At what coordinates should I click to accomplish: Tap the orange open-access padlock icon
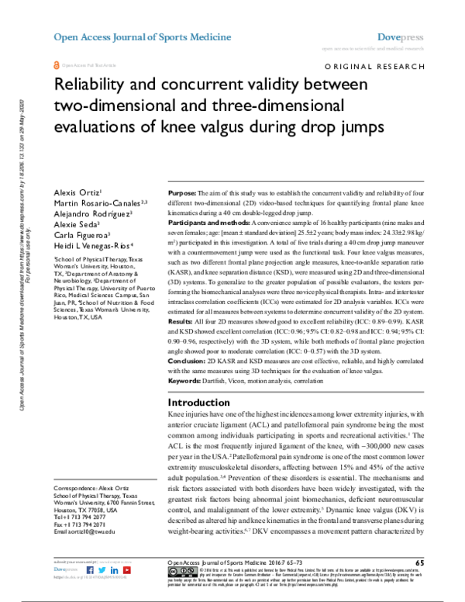point(55,66)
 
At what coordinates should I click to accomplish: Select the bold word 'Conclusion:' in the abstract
point(189,362)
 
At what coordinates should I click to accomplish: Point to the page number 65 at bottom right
point(419,562)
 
